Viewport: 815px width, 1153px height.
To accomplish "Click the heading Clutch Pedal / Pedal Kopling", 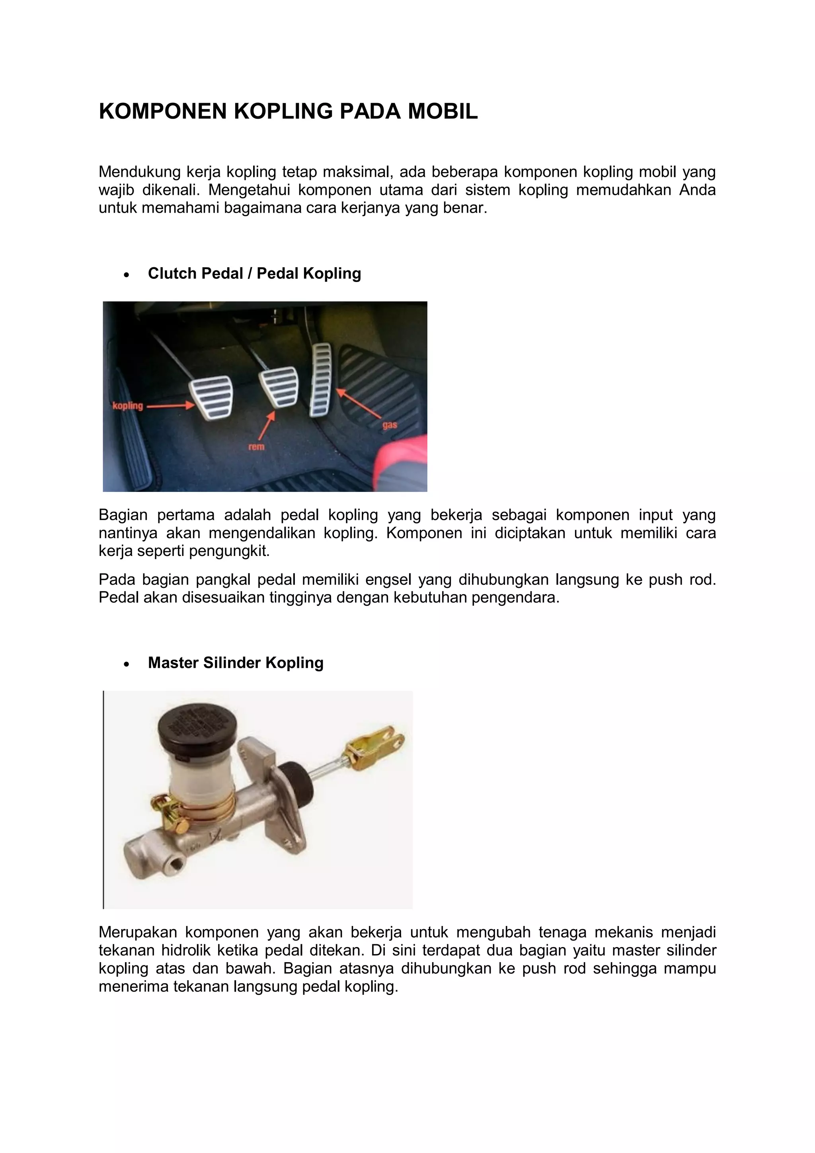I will click(254, 273).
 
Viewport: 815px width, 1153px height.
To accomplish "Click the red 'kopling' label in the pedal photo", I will click(127, 406).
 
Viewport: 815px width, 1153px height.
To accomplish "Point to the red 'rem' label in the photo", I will click(256, 446).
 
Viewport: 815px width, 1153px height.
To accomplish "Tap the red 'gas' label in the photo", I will click(390, 425).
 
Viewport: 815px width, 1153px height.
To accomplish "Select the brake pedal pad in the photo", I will click(279, 387).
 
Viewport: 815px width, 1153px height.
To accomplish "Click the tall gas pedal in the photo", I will click(321, 380).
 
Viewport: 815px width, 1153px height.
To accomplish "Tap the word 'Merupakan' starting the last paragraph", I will click(138, 932).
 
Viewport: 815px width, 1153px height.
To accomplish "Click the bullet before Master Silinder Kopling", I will click(127, 664).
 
